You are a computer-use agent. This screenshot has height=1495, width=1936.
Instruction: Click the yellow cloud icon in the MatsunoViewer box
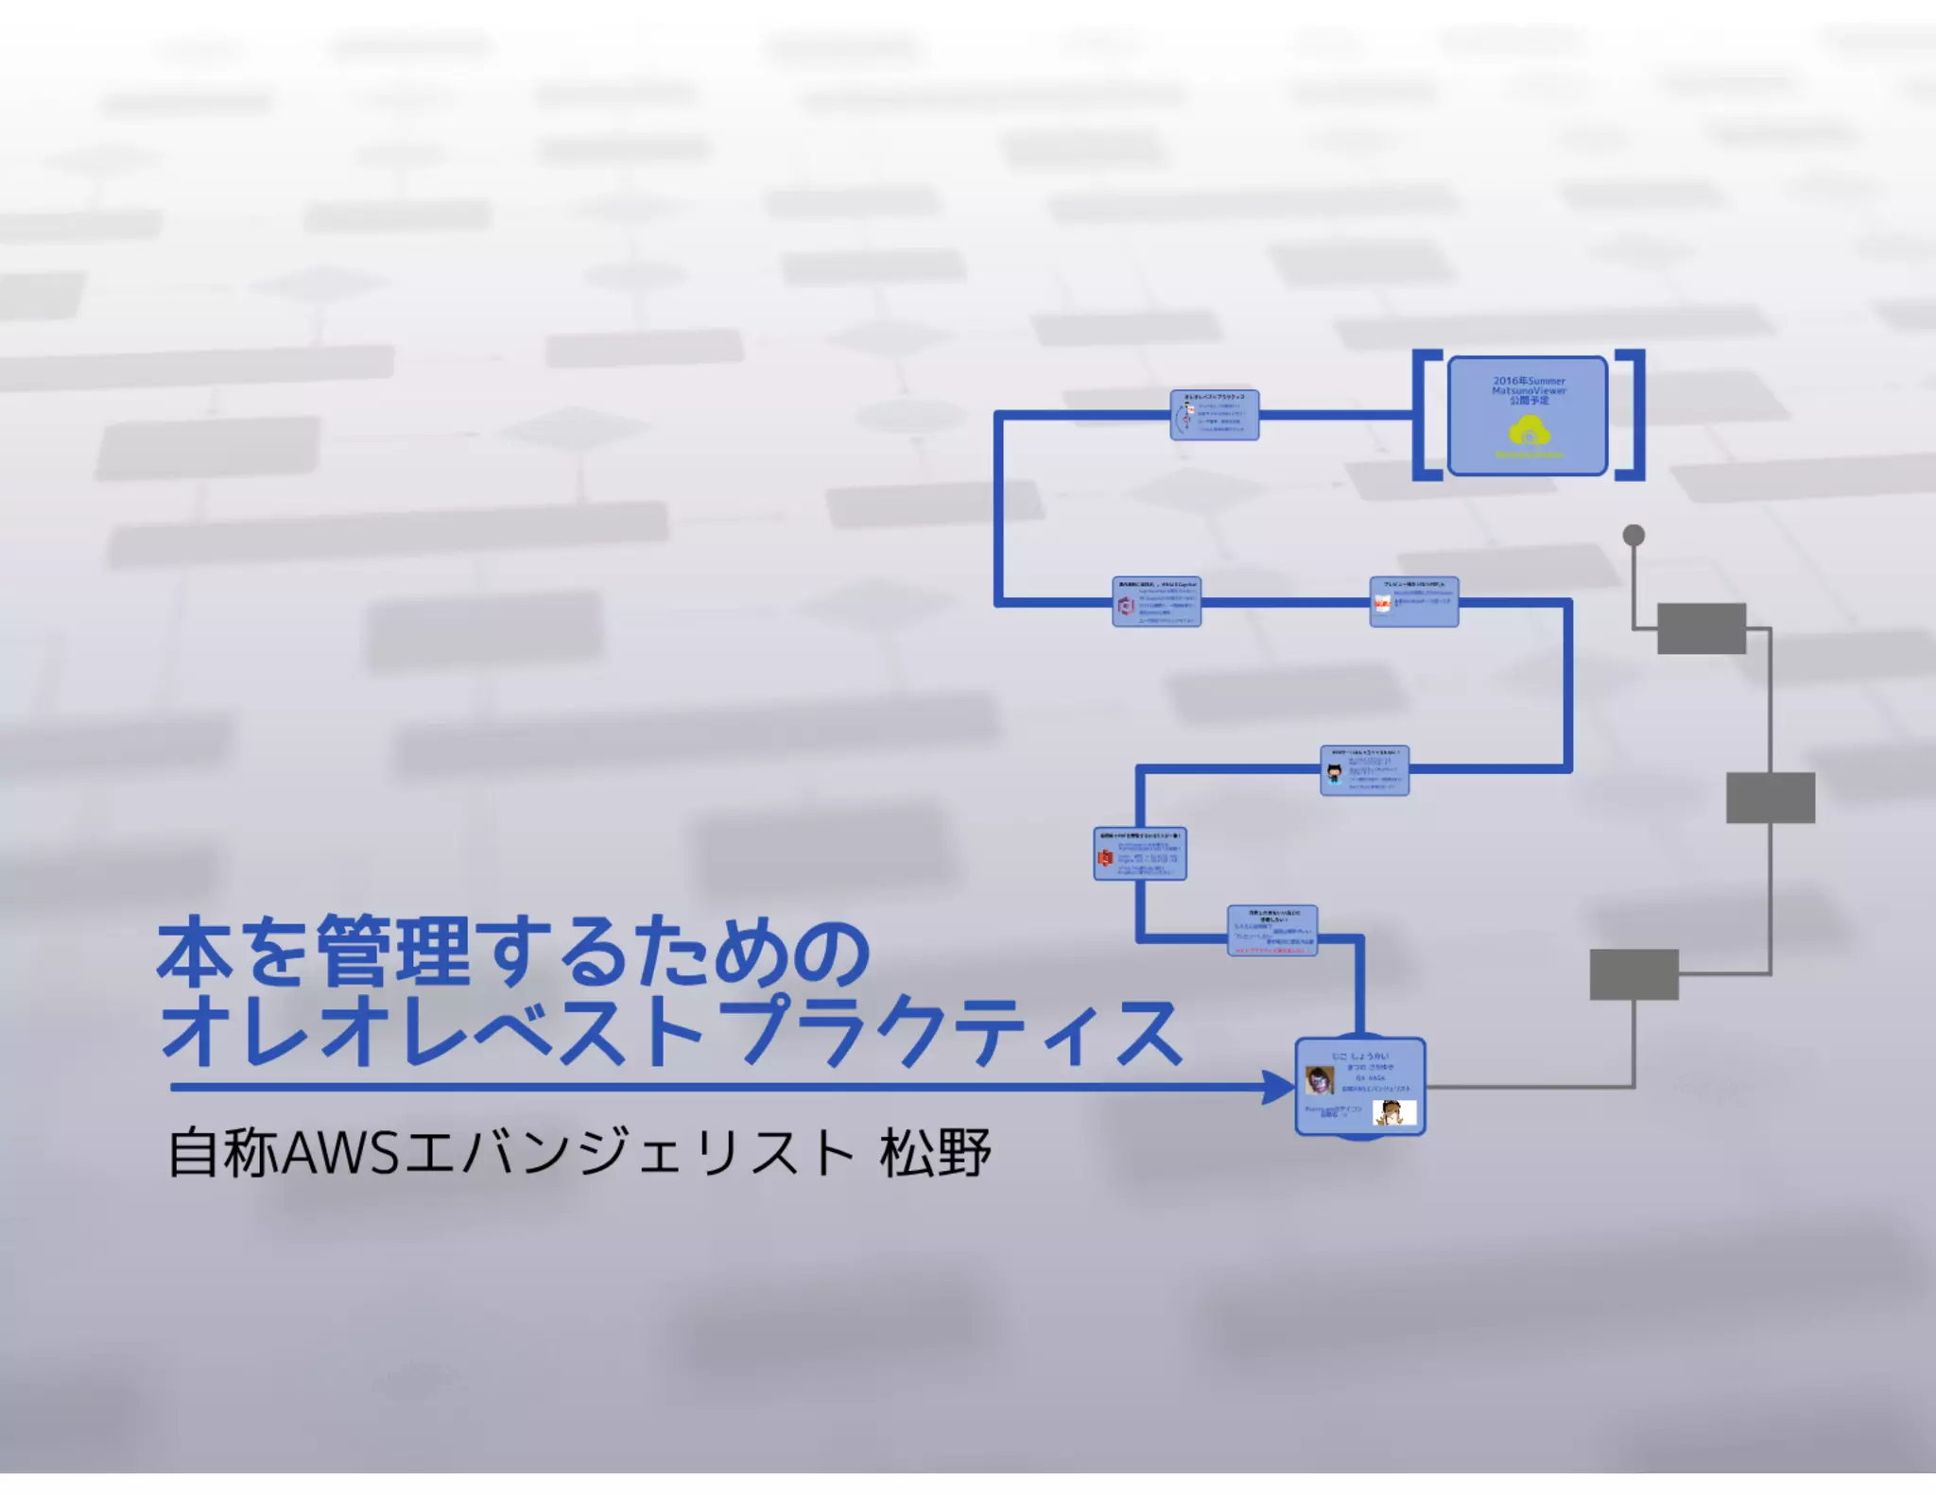click(x=1529, y=432)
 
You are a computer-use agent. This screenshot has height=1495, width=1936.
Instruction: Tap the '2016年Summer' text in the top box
click(x=1529, y=381)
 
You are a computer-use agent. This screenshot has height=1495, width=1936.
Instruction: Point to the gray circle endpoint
click(x=1633, y=536)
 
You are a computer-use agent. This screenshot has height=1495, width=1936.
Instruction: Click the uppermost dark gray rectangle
click(x=1702, y=628)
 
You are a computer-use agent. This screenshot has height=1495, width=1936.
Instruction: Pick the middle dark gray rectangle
click(x=1771, y=798)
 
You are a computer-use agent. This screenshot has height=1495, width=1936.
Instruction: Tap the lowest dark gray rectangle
click(x=1633, y=974)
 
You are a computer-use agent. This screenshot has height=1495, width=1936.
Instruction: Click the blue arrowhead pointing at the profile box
click(x=1278, y=1087)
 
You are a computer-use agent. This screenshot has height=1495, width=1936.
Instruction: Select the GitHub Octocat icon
click(x=1334, y=774)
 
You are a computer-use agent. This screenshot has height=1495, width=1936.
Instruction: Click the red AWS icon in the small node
click(x=1105, y=857)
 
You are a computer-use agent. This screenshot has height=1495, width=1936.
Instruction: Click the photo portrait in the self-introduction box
click(x=1319, y=1079)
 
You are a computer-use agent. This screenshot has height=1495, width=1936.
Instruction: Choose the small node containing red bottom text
click(x=1272, y=931)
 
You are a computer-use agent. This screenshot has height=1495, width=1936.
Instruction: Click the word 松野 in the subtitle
click(x=934, y=1153)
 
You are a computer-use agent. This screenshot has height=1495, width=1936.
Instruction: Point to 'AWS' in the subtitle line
click(x=340, y=1153)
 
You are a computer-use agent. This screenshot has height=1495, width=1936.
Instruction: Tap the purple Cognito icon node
click(x=1156, y=602)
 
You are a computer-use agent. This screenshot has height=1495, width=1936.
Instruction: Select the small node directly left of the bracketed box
click(x=1214, y=415)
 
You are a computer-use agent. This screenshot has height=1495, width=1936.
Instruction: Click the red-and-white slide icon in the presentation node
click(x=1382, y=603)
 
